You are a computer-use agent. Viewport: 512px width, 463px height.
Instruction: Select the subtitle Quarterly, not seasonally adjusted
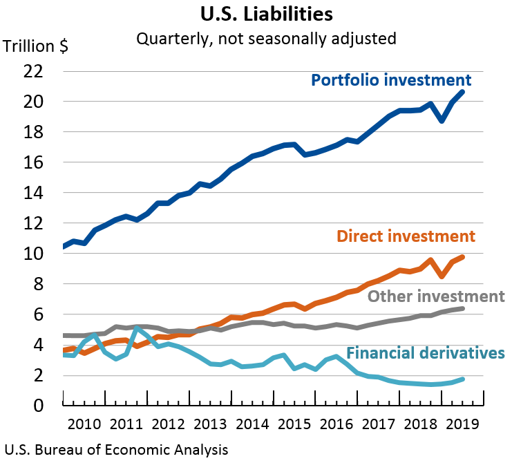pyautogui.click(x=266, y=38)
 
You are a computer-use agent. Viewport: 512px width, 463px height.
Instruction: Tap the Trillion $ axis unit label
pyautogui.click(x=35, y=47)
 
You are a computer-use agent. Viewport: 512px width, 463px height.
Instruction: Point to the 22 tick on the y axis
pyautogui.click(x=32, y=71)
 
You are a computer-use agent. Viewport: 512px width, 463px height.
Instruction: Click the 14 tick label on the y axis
pyautogui.click(x=32, y=193)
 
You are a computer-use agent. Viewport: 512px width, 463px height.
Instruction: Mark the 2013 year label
pyautogui.click(x=209, y=423)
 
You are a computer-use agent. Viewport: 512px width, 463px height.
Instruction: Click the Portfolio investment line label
pyautogui.click(x=391, y=80)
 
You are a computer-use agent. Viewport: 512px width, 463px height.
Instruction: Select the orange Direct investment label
pyautogui.click(x=406, y=236)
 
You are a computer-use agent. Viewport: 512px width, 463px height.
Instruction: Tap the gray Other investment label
pyautogui.click(x=436, y=296)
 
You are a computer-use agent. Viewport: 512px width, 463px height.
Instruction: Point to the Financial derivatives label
pyautogui.click(x=426, y=353)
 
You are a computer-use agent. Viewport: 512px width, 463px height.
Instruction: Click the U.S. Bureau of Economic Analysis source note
pyautogui.click(x=115, y=450)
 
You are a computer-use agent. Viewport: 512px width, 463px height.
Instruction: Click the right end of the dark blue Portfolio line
pyautogui.click(x=462, y=92)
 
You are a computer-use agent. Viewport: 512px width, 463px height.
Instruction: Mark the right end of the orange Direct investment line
pyautogui.click(x=462, y=257)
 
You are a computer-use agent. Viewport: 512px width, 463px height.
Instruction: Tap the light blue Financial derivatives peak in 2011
pyautogui.click(x=137, y=328)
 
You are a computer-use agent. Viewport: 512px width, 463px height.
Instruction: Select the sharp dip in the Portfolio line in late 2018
pyautogui.click(x=442, y=120)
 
